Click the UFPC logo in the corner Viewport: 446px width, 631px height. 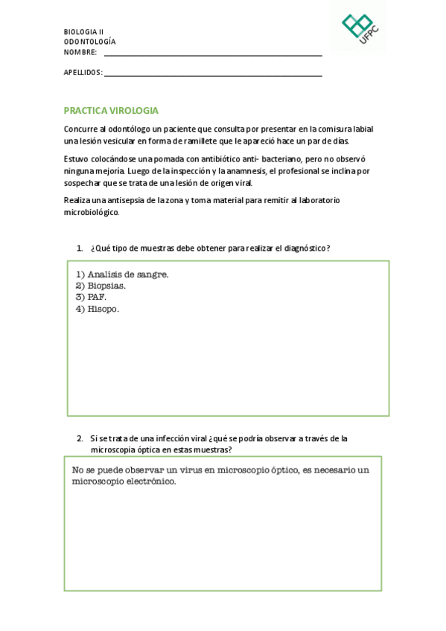(358, 28)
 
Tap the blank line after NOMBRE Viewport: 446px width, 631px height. (213, 54)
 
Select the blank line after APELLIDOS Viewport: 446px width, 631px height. (213, 74)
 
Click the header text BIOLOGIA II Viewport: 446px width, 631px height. (83, 32)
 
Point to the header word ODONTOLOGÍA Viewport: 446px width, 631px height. (89, 42)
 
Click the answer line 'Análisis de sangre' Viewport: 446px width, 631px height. (122, 274)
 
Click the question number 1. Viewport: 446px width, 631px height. (79, 248)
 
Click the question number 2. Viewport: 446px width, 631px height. (79, 438)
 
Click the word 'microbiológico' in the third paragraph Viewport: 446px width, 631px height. (91, 212)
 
